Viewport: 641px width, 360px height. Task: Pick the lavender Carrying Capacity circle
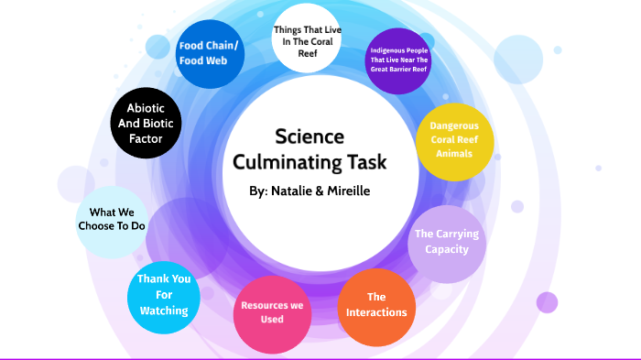point(446,242)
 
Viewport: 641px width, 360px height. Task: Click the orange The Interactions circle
point(375,305)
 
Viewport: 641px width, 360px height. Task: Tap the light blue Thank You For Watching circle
point(163,294)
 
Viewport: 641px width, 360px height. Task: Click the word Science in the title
point(310,136)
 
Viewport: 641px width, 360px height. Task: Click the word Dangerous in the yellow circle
point(454,125)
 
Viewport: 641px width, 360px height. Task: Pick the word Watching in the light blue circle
point(163,311)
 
